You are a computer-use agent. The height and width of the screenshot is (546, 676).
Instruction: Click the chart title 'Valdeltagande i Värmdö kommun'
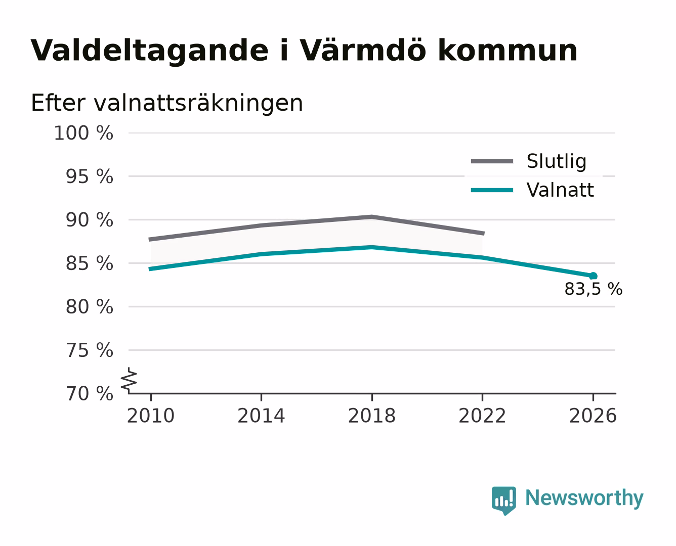click(x=304, y=51)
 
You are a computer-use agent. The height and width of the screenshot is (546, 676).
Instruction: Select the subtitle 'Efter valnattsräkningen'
click(x=167, y=103)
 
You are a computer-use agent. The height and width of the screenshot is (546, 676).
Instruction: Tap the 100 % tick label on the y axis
click(x=83, y=133)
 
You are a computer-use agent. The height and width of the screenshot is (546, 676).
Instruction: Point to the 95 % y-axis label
click(x=89, y=176)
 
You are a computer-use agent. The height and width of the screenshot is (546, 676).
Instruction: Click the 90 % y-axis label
click(x=89, y=220)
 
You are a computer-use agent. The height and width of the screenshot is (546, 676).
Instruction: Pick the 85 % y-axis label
click(x=89, y=263)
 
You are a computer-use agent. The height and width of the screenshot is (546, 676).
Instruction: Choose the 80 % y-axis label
click(x=89, y=306)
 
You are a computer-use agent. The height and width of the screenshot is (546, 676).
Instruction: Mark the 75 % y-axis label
click(x=89, y=350)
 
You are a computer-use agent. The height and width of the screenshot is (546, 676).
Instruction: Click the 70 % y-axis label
click(x=89, y=393)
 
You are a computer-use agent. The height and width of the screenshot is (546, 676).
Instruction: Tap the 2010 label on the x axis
click(x=151, y=416)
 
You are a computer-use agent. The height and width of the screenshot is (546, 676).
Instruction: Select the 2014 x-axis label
click(x=261, y=416)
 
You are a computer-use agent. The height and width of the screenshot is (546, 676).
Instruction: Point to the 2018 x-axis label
click(x=372, y=416)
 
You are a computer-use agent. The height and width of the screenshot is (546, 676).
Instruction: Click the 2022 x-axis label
click(x=482, y=416)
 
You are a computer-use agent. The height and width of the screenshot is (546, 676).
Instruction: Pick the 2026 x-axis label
click(x=593, y=416)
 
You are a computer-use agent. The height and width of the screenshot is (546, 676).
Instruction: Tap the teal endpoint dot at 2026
click(x=593, y=276)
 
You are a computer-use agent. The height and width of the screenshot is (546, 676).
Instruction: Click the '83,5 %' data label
click(x=594, y=289)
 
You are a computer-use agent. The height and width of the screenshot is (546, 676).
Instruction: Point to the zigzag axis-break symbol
click(x=129, y=380)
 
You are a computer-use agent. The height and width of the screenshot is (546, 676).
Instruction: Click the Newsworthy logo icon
click(x=503, y=500)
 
